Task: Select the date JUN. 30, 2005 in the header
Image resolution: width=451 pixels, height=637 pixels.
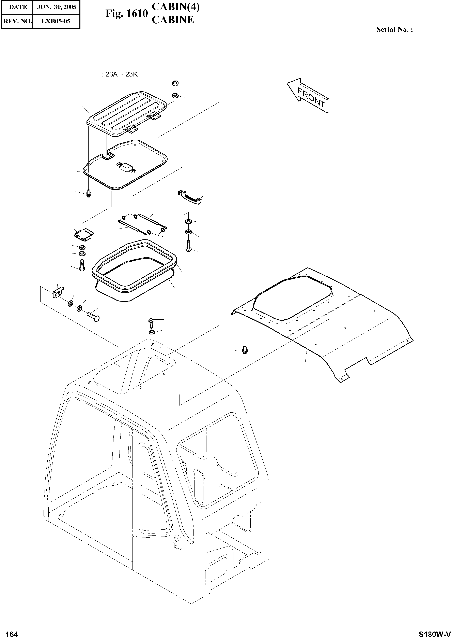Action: pos(56,7)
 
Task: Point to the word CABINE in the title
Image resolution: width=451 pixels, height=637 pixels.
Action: pos(173,20)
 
